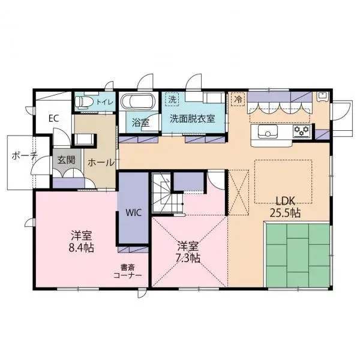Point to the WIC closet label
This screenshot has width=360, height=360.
133,212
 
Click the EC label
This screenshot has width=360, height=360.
53,118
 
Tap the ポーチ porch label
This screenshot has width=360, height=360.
24,155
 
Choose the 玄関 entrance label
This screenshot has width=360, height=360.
65,160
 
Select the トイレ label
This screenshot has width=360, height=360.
104,102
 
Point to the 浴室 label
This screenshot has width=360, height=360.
140,122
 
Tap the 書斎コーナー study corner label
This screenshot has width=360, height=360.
127,271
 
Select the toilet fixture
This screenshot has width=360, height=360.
85,103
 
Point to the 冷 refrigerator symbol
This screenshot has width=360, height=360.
238,98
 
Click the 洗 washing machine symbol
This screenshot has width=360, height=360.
172,98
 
